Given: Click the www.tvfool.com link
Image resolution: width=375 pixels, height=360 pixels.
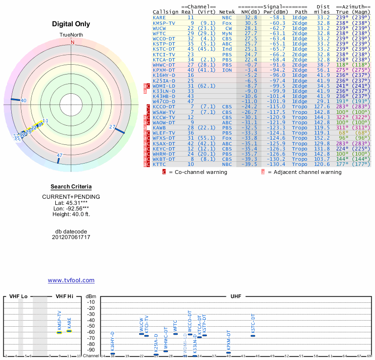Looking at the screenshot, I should click(71, 280).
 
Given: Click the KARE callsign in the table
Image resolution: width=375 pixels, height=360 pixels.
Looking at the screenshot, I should click(159, 17).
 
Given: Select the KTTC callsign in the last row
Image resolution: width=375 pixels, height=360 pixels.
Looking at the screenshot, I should click(159, 165).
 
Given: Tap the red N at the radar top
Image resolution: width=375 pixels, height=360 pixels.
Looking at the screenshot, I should click(72, 42).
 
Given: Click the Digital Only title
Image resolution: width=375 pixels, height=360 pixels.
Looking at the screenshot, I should click(71, 24).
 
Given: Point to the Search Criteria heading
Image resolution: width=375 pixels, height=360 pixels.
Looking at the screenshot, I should click(71, 187).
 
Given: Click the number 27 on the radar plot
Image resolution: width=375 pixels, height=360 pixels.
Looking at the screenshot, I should click(112, 127).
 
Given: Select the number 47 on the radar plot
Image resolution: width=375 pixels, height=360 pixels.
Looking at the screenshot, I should click(60, 155).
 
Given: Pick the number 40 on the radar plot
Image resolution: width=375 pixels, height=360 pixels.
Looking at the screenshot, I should click(23, 101).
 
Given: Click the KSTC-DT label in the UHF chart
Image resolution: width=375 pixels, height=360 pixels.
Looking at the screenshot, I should click(253, 323).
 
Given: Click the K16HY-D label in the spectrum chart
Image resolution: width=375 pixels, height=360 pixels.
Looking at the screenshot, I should click(112, 341).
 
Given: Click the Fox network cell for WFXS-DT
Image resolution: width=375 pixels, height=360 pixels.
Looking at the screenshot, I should click(227, 138).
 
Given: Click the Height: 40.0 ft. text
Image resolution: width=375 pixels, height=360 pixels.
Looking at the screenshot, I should click(71, 214).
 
